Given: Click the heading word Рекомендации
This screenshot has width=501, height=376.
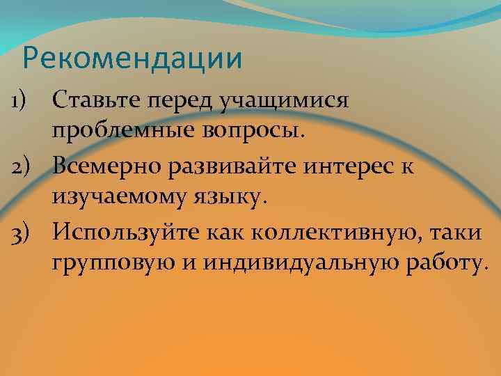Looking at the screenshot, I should pyautogui.click(x=132, y=58).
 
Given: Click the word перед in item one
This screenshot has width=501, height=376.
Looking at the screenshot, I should pyautogui.click(x=182, y=102).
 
